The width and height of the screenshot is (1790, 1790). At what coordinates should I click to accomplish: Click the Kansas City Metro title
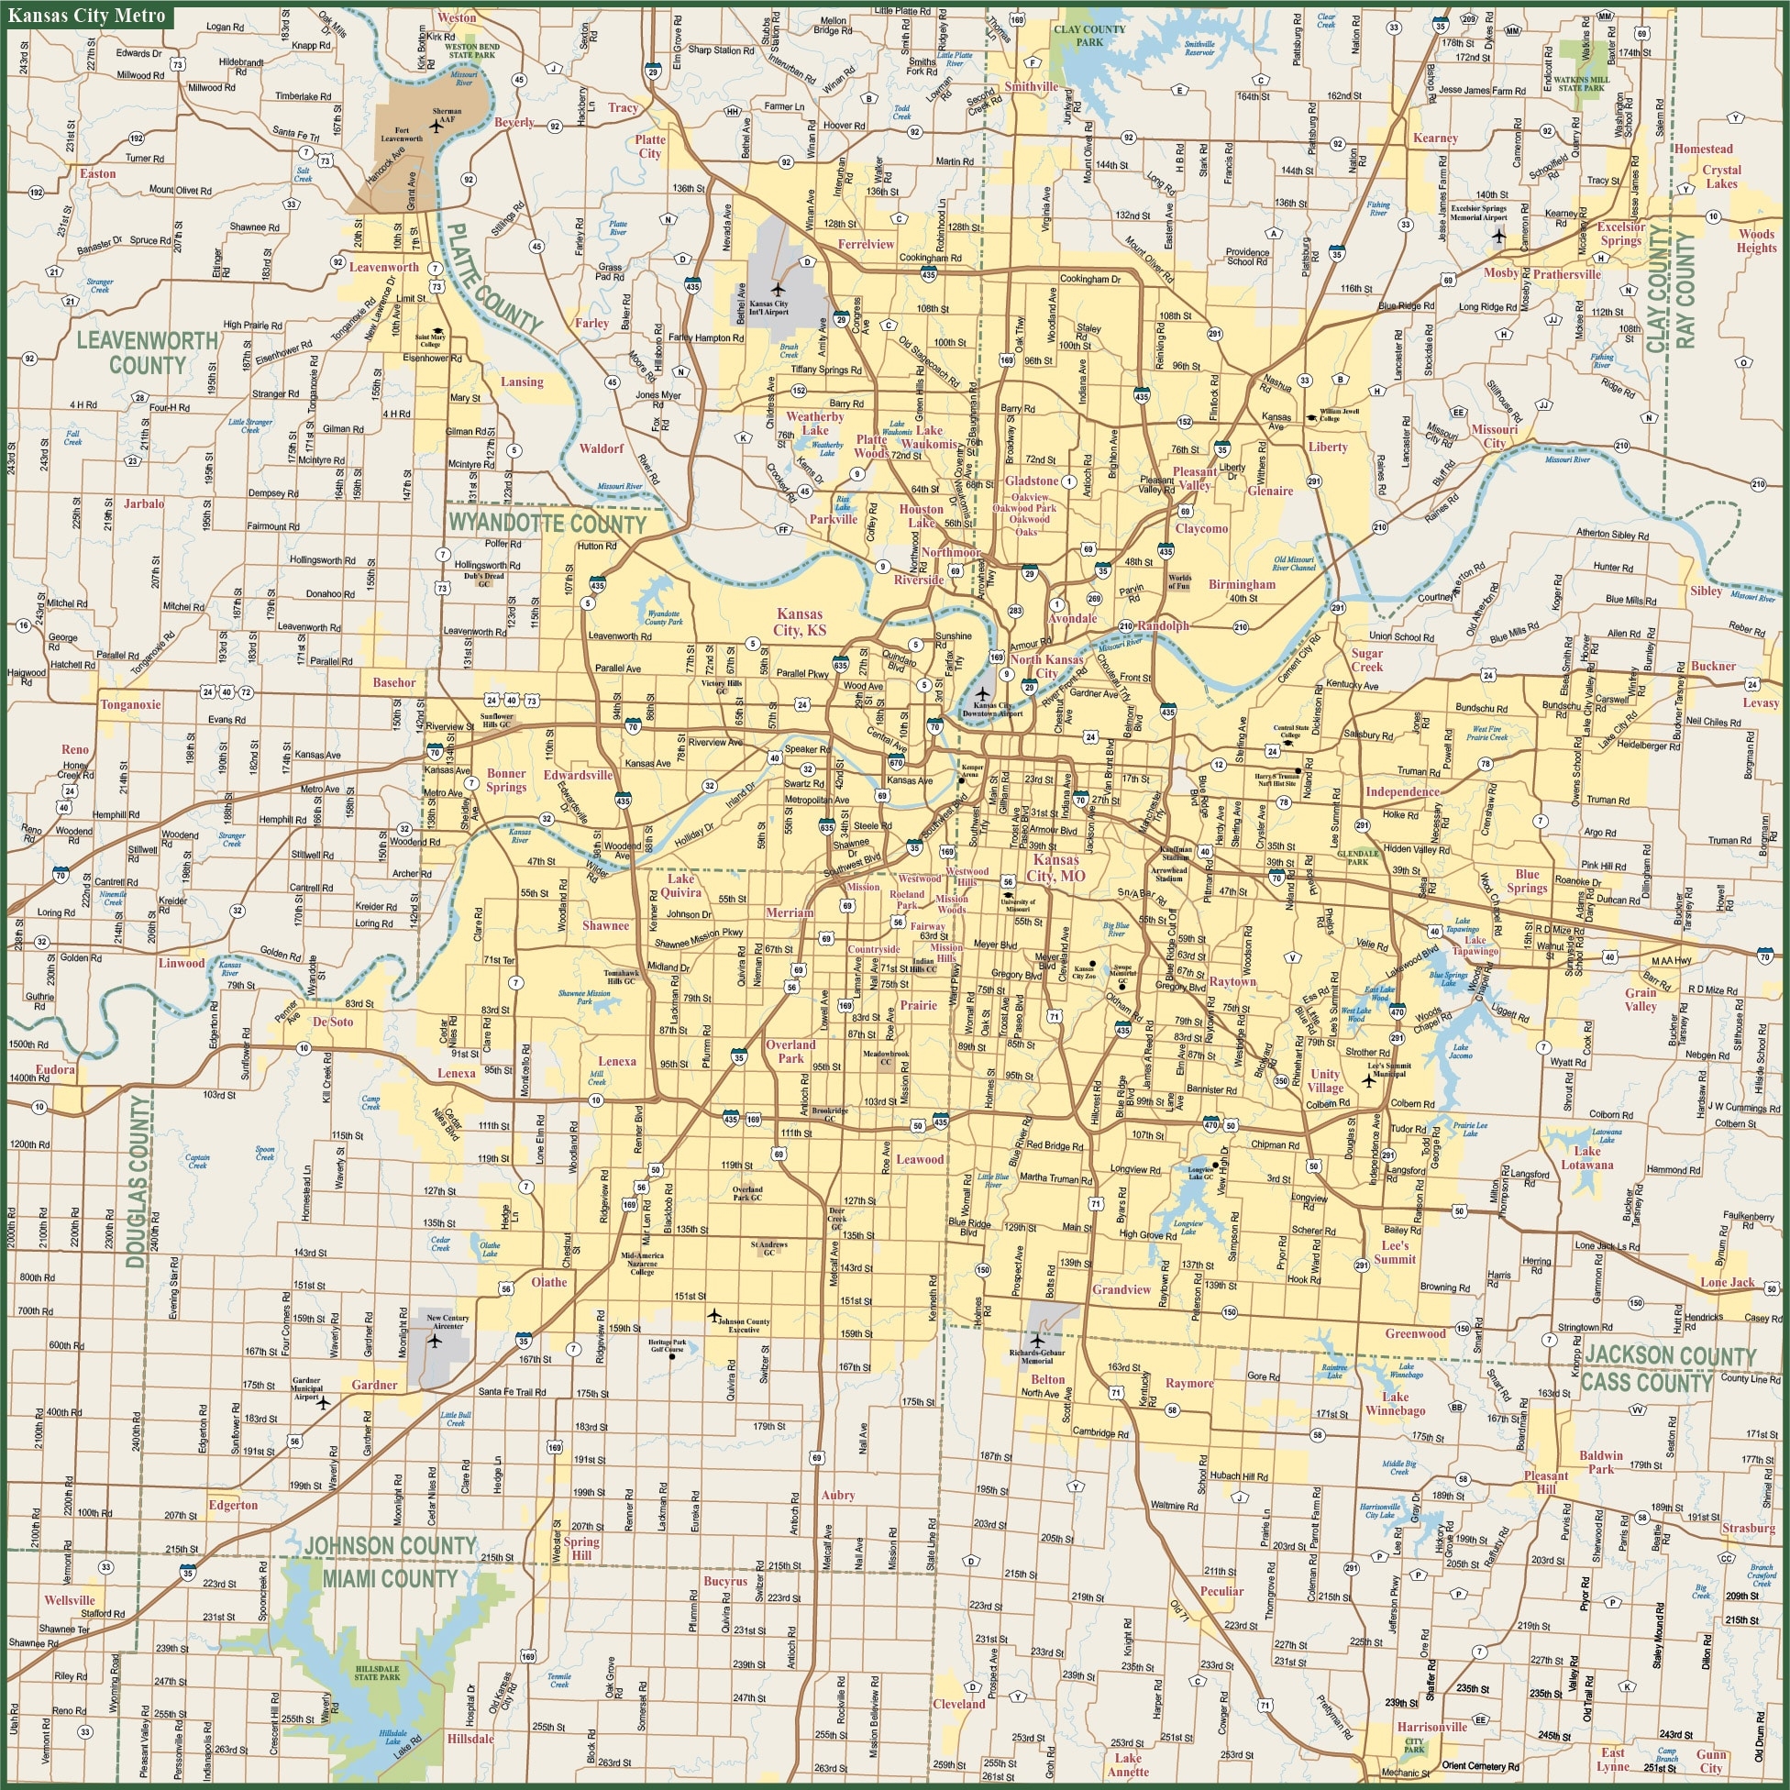click(x=87, y=16)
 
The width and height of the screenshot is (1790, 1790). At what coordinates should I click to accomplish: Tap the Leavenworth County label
click(x=148, y=353)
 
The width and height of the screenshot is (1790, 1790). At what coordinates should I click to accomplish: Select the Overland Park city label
click(x=790, y=1052)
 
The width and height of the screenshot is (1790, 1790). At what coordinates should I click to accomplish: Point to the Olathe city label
click(x=548, y=1282)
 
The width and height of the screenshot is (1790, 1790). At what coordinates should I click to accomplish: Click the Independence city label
click(x=1402, y=792)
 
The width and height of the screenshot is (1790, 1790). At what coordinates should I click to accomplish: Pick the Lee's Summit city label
click(x=1396, y=1252)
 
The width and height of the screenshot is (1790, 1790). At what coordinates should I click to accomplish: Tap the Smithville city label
click(x=1032, y=87)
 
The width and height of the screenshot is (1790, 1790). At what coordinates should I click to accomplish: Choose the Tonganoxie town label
click(x=130, y=704)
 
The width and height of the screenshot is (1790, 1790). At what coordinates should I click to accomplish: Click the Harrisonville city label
click(x=1431, y=1727)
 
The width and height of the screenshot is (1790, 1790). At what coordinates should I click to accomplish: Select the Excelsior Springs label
click(x=1620, y=234)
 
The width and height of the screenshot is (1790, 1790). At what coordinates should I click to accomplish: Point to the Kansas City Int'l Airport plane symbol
click(x=779, y=290)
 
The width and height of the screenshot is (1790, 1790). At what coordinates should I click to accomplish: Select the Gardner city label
click(x=374, y=1385)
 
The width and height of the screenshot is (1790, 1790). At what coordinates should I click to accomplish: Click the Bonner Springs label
click(x=507, y=780)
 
